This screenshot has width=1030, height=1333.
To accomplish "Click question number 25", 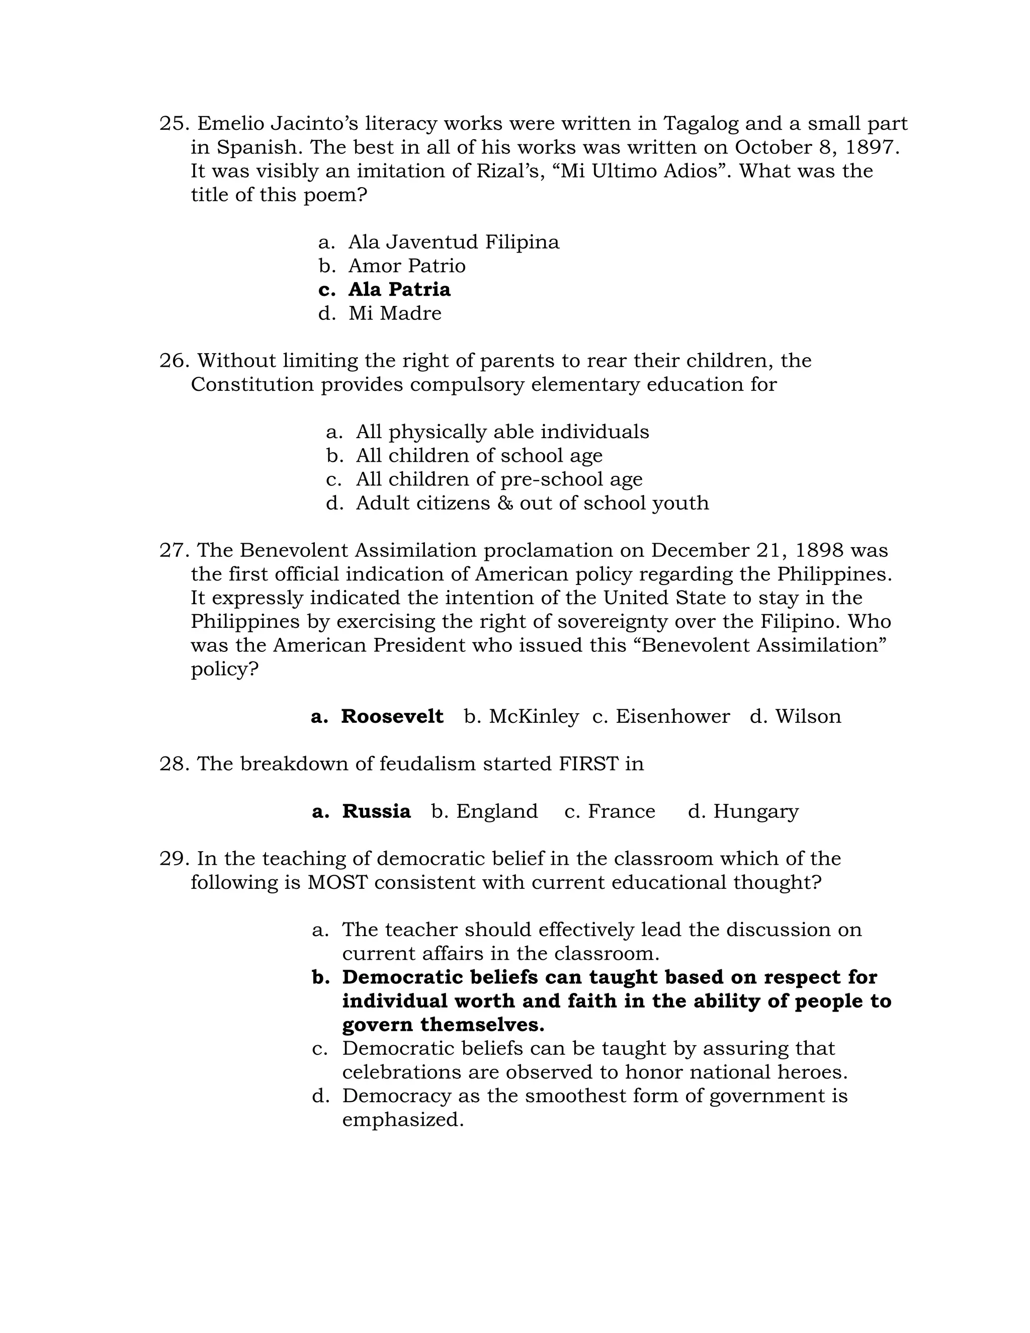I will (174, 124).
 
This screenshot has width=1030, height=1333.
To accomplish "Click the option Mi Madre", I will (395, 313).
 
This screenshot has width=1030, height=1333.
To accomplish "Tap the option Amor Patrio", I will (406, 266).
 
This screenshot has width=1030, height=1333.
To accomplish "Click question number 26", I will (174, 361).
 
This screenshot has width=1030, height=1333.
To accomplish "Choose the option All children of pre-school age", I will (498, 479).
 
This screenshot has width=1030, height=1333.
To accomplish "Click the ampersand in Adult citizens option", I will (504, 504).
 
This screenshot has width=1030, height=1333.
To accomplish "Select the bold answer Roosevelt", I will (392, 716).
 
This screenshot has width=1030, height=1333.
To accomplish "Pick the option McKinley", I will (533, 716).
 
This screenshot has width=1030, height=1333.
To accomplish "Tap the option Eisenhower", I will (672, 716).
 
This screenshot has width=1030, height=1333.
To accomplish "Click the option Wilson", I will (807, 716).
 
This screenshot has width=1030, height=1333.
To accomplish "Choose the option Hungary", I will (755, 811).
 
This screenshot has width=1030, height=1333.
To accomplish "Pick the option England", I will (497, 811).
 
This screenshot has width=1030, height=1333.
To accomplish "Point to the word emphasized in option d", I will (403, 1120).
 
